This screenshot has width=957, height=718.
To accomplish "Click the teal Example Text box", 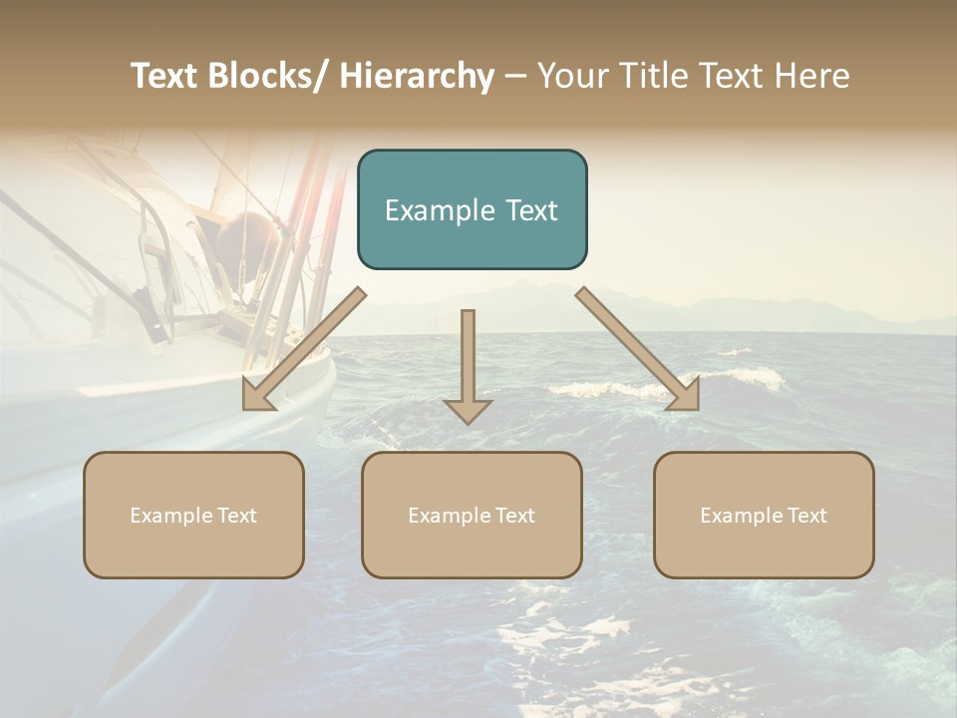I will [x=472, y=209].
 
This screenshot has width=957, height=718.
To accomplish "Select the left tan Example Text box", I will [x=193, y=515].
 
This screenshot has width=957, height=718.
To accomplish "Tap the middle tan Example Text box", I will [x=472, y=515].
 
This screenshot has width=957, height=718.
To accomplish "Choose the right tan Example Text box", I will [x=764, y=515].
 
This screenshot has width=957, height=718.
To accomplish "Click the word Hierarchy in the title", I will [x=417, y=77].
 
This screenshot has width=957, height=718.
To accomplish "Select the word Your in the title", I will [x=573, y=77].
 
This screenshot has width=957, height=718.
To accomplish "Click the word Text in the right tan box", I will [x=805, y=516].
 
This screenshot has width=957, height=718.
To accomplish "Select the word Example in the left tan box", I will [x=170, y=516].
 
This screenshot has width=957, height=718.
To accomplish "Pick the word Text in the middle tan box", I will [x=513, y=516].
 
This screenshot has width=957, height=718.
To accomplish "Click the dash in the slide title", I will [x=514, y=77].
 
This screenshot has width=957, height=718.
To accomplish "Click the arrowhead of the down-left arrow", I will [x=257, y=396].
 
